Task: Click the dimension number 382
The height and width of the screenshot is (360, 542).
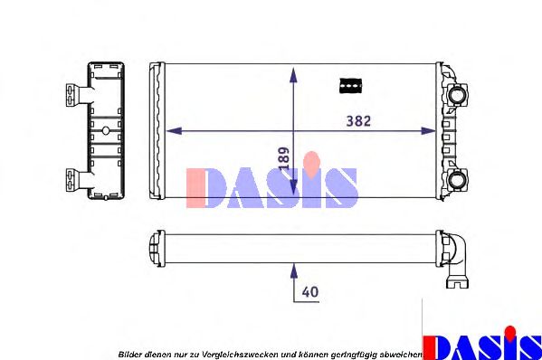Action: [x=358, y=120]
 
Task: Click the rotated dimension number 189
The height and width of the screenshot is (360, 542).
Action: [x=283, y=160]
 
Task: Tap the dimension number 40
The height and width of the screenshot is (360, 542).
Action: [x=310, y=292]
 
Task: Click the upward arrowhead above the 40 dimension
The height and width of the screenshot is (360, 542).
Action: [x=293, y=268]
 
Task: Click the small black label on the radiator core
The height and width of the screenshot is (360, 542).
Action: [x=350, y=86]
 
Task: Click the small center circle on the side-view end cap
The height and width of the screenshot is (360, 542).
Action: [x=105, y=131]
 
